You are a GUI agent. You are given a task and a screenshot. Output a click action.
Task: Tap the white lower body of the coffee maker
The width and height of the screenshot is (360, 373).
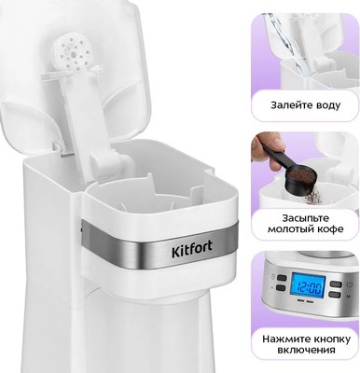pos(140,326)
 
